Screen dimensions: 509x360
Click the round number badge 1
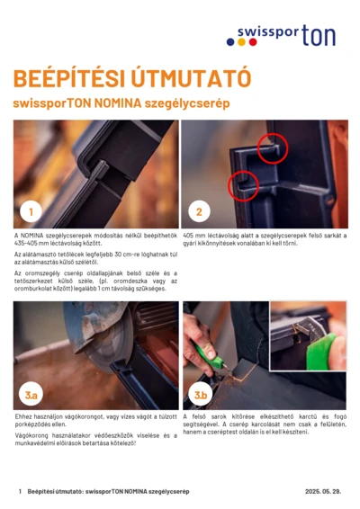pos(32,212)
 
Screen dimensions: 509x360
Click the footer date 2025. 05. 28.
pos(325,493)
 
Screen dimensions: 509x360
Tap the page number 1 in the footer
pos(20,493)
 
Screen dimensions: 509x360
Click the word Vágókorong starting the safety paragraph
pos(31,434)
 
